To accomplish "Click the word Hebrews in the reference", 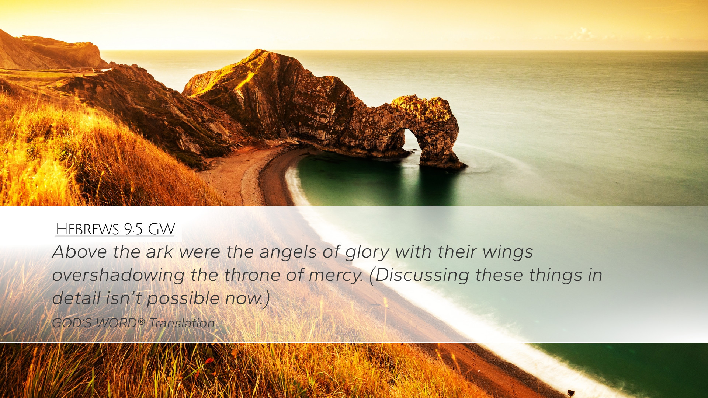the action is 87,229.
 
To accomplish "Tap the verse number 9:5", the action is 133,229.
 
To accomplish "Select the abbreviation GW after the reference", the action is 161,229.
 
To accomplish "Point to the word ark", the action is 159,252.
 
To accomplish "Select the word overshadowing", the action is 118,275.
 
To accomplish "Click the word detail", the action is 76,298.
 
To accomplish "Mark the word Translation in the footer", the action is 182,323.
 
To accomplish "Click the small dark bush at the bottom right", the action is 571,392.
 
